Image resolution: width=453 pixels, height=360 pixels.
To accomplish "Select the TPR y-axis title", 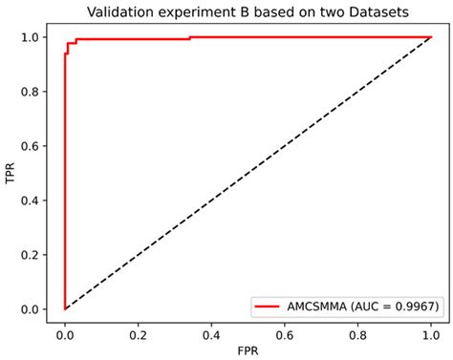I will coord(11,173).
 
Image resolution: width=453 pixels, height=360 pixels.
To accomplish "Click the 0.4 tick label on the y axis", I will coord(32,201).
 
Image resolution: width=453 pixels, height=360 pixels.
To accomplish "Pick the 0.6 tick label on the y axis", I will coord(32,146).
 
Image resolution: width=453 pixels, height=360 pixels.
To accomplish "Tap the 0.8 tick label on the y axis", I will coord(32,92).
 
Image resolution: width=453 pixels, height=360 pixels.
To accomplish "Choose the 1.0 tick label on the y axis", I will coord(32,37).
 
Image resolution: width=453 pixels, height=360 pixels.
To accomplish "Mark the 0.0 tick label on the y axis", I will coord(32,309).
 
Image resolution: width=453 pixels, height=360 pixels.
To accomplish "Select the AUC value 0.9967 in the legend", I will coord(404,306).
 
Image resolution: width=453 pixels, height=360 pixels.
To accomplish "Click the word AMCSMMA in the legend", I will coord(321,306).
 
